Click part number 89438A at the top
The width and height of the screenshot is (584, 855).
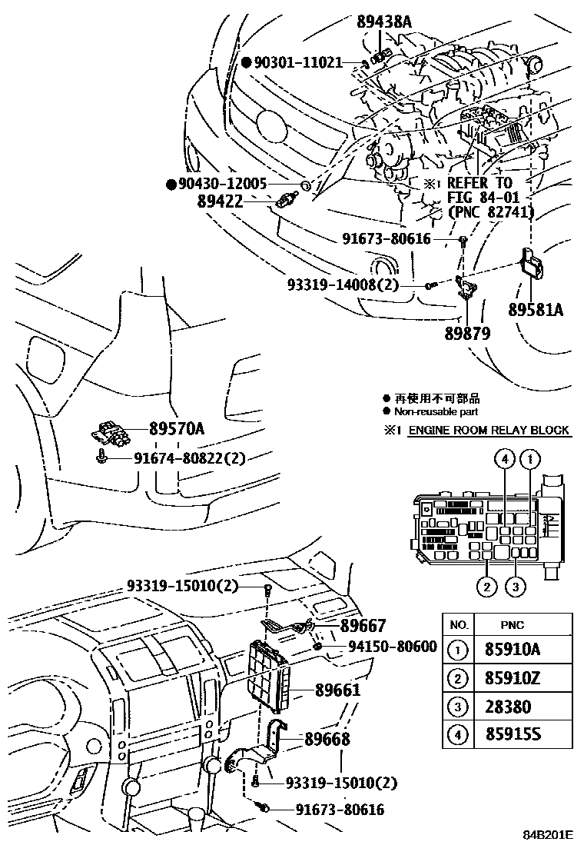pyautogui.click(x=384, y=22)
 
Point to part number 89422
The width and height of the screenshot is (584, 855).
pyautogui.click(x=220, y=201)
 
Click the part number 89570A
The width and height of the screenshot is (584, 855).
pyautogui.click(x=177, y=431)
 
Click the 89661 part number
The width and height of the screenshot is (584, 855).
pyautogui.click(x=337, y=690)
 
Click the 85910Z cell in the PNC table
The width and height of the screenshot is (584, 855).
pyautogui.click(x=513, y=678)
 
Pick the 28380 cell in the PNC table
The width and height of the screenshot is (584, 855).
pyautogui.click(x=507, y=707)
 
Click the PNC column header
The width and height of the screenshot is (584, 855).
pyautogui.click(x=513, y=624)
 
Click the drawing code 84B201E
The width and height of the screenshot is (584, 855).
pyautogui.click(x=548, y=834)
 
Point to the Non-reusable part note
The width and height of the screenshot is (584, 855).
pyautogui.click(x=436, y=411)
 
